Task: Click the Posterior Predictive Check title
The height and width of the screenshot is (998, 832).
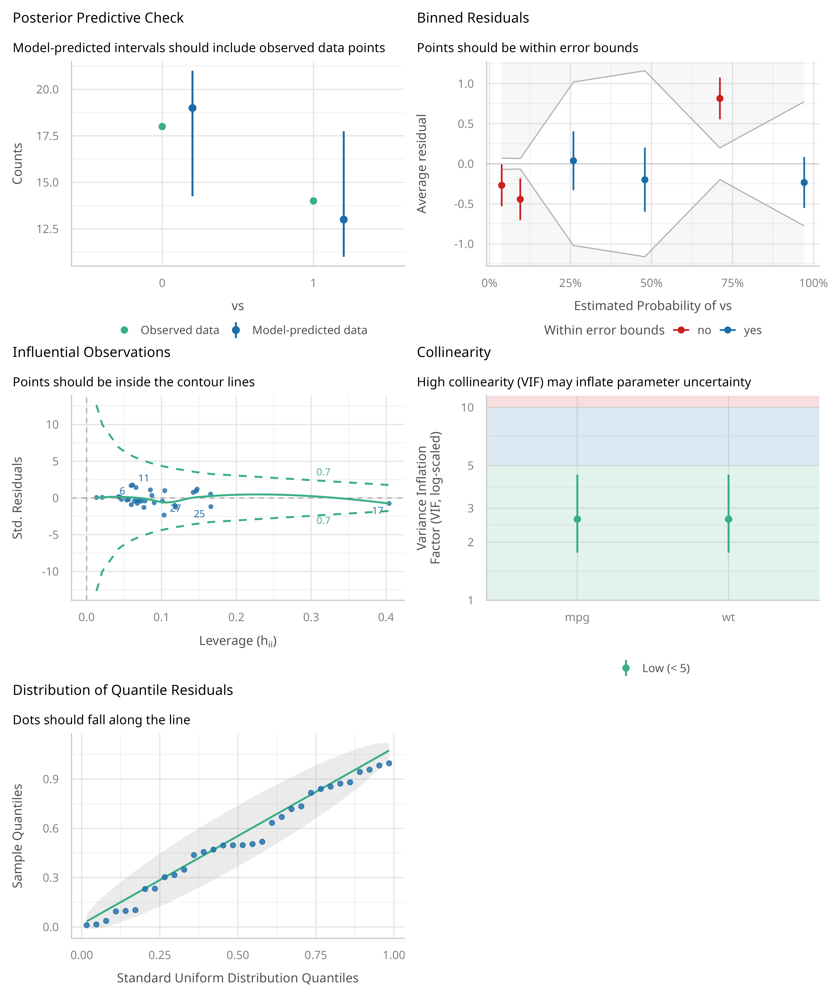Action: tap(98, 18)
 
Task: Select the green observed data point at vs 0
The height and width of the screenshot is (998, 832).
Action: tap(162, 126)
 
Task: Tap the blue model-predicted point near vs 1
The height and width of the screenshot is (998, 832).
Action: tap(344, 220)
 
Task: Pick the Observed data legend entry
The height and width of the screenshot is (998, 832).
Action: tap(179, 330)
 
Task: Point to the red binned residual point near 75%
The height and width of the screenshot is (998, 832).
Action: tap(720, 98)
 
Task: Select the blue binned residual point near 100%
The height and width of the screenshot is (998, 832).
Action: tap(804, 183)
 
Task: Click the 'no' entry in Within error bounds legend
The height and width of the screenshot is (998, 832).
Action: tap(704, 330)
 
